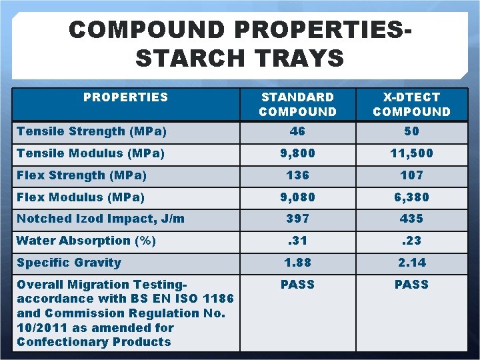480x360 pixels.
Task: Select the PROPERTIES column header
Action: pos(125,97)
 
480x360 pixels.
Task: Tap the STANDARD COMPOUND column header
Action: pos(298,105)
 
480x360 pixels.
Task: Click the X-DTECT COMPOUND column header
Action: pos(411,105)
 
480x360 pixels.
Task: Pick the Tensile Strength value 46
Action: pos(298,131)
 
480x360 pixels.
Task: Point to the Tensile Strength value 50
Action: pos(411,131)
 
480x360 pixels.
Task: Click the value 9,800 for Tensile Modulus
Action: pos(298,153)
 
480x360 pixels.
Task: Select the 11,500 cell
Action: pos(411,153)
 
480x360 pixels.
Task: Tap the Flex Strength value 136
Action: pos(298,175)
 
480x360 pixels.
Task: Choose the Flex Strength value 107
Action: pos(411,175)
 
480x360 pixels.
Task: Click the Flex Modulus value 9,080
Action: pos(298,197)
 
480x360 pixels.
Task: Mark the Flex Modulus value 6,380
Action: pos(411,197)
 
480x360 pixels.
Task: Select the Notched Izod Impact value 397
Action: pos(298,219)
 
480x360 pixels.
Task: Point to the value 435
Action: pos(411,219)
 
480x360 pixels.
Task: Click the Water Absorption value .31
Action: pos(298,241)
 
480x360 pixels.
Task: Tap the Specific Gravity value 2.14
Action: pos(411,263)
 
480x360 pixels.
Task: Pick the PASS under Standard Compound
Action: pos(298,285)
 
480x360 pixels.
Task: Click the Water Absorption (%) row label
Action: pos(86,241)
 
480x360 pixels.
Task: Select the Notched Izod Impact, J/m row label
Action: pos(101,219)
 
